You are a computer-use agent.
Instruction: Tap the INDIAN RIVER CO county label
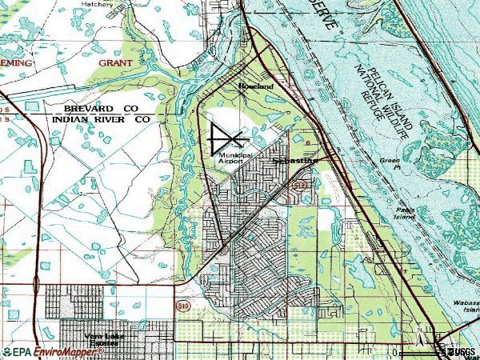[101, 118]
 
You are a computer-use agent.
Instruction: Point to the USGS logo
[461, 351]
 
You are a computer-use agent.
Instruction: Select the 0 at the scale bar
[395, 352]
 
